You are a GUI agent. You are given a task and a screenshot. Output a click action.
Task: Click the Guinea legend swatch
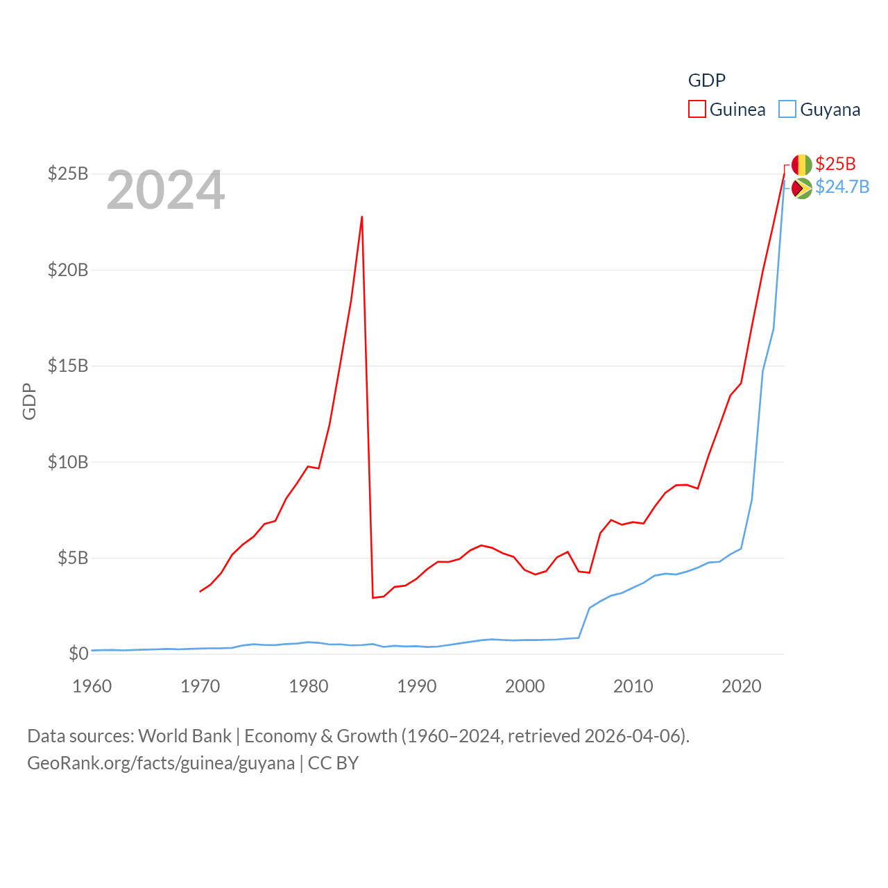click(697, 110)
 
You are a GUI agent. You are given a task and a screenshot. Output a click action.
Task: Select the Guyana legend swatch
click(787, 110)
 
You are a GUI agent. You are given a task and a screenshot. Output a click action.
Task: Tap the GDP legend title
click(706, 80)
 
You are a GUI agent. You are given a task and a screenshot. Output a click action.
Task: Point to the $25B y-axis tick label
click(68, 173)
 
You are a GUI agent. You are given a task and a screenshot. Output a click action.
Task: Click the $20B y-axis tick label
click(68, 270)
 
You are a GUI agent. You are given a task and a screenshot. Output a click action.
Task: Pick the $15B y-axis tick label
click(68, 366)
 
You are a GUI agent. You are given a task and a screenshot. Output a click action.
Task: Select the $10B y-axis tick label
click(68, 462)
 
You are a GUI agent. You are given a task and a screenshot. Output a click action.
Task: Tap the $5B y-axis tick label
click(72, 558)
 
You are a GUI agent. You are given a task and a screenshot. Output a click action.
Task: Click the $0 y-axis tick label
click(78, 654)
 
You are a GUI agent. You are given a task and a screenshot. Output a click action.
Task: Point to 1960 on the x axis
click(92, 686)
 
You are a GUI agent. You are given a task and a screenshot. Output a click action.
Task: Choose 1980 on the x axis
click(309, 686)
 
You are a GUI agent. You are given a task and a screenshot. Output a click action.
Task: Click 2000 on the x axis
click(525, 686)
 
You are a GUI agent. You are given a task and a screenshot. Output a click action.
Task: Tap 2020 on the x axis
click(742, 686)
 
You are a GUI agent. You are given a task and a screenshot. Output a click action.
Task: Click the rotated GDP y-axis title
click(29, 401)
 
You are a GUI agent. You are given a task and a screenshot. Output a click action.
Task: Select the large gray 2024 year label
click(166, 190)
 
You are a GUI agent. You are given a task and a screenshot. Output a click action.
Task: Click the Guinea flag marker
click(801, 165)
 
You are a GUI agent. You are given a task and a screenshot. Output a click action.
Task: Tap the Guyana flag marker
click(801, 188)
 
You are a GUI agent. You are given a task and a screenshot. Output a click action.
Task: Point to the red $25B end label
click(835, 164)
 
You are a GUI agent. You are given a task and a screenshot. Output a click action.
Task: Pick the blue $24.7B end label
click(842, 187)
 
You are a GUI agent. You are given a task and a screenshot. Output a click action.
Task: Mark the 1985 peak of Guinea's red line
click(362, 216)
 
